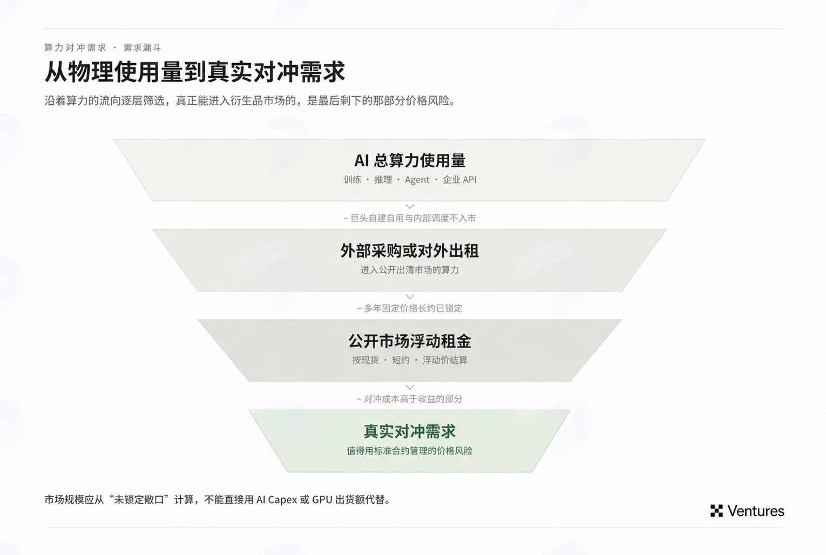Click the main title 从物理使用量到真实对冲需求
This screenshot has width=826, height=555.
click(x=195, y=72)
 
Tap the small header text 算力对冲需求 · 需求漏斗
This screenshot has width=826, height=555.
click(x=103, y=48)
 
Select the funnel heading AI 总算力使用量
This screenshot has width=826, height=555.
click(x=410, y=160)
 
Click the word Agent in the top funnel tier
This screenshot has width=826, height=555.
click(x=417, y=180)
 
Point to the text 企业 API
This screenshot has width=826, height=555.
click(x=460, y=180)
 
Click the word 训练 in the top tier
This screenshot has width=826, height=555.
click(x=352, y=180)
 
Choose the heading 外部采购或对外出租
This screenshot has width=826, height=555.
click(x=410, y=251)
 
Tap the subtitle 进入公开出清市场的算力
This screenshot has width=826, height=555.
click(x=410, y=270)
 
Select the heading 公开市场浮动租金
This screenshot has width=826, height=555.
click(x=410, y=341)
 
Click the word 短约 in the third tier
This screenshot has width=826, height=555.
click(x=401, y=360)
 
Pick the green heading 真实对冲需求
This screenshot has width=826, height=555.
click(x=410, y=431)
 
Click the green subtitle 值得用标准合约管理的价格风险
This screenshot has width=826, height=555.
click(x=410, y=451)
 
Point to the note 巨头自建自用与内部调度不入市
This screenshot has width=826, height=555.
click(x=410, y=218)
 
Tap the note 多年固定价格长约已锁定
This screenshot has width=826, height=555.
click(x=410, y=308)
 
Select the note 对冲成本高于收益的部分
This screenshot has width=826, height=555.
click(x=410, y=398)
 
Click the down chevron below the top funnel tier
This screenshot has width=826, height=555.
click(x=410, y=207)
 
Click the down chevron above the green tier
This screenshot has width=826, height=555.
click(x=410, y=387)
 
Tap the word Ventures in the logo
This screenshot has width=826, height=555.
click(x=756, y=511)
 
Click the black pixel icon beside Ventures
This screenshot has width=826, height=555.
click(x=716, y=511)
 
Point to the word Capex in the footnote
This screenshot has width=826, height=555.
click(x=282, y=500)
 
